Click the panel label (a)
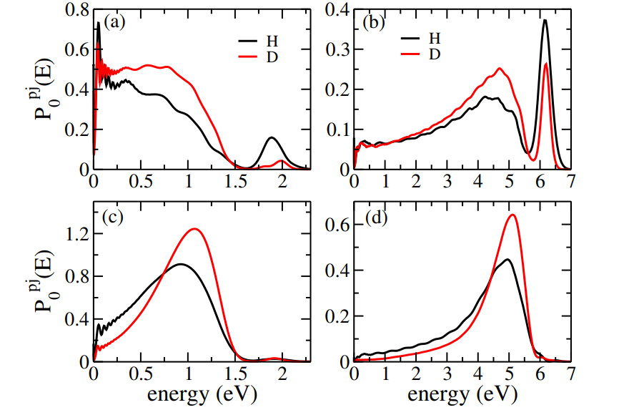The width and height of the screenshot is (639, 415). pyautogui.click(x=115, y=21)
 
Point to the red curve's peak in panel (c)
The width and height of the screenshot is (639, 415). pyautogui.click(x=194, y=229)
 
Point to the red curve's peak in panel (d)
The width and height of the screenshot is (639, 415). pyautogui.click(x=512, y=215)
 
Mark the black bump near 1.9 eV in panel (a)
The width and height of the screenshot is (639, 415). pyautogui.click(x=272, y=137)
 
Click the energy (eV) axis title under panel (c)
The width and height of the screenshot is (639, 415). pyautogui.click(x=200, y=396)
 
